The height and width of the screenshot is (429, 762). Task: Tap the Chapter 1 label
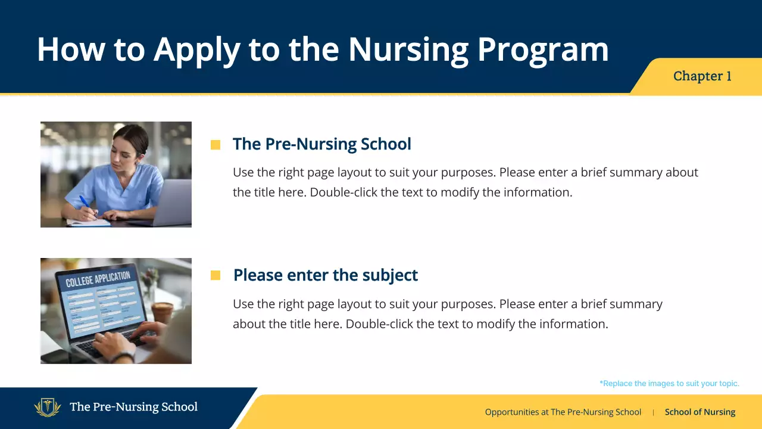point(702,76)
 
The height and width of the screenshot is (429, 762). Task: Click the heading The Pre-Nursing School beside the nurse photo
point(321,144)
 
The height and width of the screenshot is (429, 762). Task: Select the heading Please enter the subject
point(325,275)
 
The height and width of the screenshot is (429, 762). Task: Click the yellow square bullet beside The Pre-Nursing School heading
point(216,145)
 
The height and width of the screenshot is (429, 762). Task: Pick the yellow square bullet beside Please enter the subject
point(216,275)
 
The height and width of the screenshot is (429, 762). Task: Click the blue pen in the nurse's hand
point(85,203)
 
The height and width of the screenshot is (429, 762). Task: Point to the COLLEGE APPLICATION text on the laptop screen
point(98,279)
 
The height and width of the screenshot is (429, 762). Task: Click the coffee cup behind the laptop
point(162,312)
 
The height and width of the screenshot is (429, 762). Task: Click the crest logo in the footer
point(48,408)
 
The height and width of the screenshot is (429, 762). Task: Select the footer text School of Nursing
point(699,412)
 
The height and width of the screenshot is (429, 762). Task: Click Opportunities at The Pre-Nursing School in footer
point(563,412)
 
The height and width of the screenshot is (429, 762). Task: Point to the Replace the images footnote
point(669,384)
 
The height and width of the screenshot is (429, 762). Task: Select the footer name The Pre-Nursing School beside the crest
point(133,408)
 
